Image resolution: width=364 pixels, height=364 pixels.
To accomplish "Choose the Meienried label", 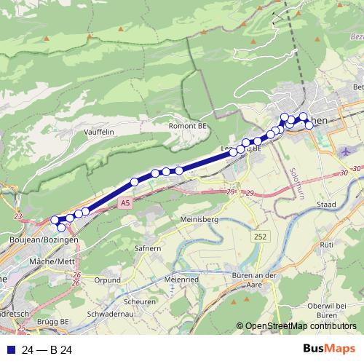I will click(182, 277).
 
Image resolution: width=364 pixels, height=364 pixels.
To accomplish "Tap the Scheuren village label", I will click(140, 301).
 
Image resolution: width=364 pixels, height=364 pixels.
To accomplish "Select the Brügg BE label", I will click(55, 320).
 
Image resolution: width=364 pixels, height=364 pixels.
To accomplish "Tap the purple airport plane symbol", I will click(346, 152).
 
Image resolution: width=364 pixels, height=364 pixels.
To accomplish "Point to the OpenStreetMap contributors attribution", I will click(296, 326).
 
